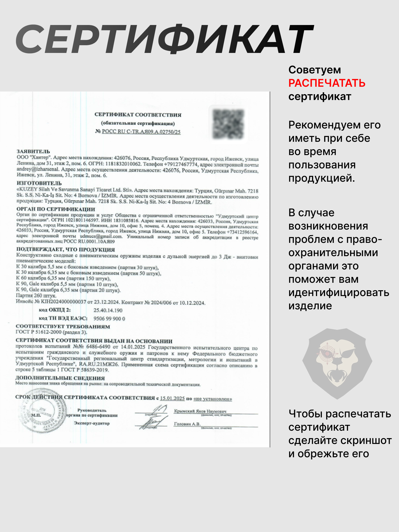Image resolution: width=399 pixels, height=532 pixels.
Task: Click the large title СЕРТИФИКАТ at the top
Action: pos(165,39)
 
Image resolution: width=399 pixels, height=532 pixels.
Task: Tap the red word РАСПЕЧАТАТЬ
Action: pos(327,83)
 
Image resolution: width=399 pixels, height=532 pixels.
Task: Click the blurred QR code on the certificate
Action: pos(228,124)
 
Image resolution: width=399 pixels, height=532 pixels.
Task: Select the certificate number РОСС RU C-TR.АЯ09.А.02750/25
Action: pos(141,132)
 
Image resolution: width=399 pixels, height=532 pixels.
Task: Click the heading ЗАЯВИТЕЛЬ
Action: pos(33,152)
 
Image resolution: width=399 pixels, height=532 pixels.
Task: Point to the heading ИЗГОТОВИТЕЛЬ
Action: pos(39,183)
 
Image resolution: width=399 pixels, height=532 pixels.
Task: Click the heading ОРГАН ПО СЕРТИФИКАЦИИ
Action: pos(56,209)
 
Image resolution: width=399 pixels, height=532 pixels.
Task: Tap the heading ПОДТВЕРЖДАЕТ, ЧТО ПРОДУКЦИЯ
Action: pos(65,250)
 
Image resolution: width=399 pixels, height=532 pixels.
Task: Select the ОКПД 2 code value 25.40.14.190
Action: pos(108,310)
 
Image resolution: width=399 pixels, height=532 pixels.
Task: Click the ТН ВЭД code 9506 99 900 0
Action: pos(109,319)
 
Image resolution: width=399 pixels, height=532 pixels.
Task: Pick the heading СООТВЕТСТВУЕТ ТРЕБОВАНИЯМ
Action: pos(63,327)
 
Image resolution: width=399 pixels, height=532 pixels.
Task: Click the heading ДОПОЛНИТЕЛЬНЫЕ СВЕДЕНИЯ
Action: pos(60,378)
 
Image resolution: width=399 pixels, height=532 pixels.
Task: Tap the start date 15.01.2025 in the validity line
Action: pos(172,398)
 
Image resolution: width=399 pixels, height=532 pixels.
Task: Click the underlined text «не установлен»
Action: pos(213,399)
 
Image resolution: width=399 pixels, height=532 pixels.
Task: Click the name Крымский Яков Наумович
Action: pos(200,411)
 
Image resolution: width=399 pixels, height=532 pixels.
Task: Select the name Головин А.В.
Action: pos(187,424)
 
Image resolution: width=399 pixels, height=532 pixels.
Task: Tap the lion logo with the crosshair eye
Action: pos(337,363)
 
